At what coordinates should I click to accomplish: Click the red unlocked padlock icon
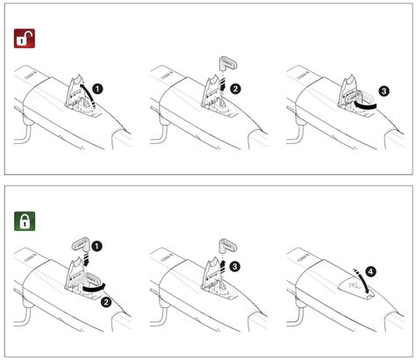25,38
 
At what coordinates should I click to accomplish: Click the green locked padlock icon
25,221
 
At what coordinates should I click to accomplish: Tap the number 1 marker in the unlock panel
97,89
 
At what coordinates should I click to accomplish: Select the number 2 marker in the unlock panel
235,89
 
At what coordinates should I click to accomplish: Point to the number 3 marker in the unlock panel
384,91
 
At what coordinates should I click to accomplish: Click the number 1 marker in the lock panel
97,246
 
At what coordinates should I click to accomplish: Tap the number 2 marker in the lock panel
106,302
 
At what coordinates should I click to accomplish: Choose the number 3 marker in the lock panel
234,266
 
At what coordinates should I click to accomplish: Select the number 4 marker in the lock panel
370,271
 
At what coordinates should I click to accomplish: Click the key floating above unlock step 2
227,63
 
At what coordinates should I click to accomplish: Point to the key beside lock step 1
82,245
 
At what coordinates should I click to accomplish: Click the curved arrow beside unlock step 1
90,94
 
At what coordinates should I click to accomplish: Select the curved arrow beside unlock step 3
365,105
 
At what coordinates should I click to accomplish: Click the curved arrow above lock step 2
94,288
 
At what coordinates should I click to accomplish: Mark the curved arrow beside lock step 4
362,282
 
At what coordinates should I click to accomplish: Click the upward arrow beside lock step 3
223,264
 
